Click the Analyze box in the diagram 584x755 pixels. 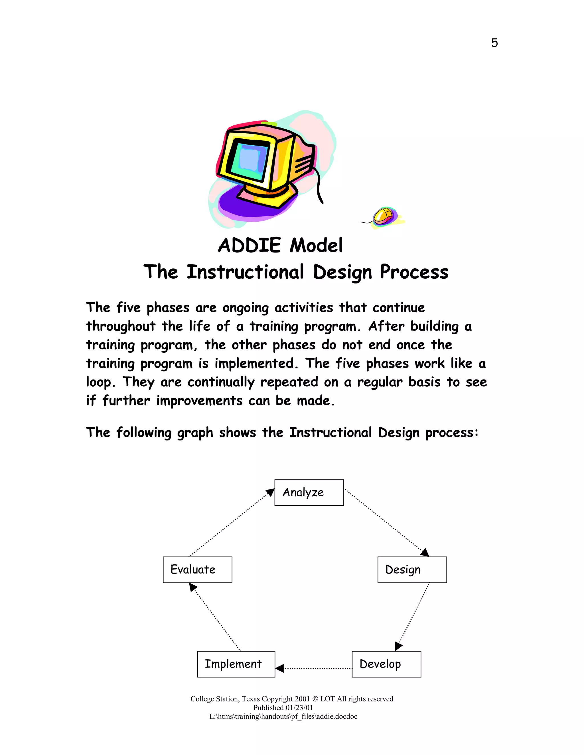coord(309,492)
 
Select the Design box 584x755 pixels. coord(412,569)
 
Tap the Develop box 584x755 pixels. coord(386,664)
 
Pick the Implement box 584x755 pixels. coord(236,664)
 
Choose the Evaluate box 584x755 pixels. coord(197,569)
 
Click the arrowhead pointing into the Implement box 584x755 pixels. coord(279,668)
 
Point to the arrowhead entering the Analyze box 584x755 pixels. coord(271,492)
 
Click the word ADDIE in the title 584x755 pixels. coord(250,245)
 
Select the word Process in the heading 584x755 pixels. coord(414,272)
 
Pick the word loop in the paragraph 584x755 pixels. coord(98,382)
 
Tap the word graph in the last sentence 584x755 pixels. coord(195,433)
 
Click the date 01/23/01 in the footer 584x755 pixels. coord(299,708)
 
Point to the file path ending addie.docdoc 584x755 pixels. coord(283,716)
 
